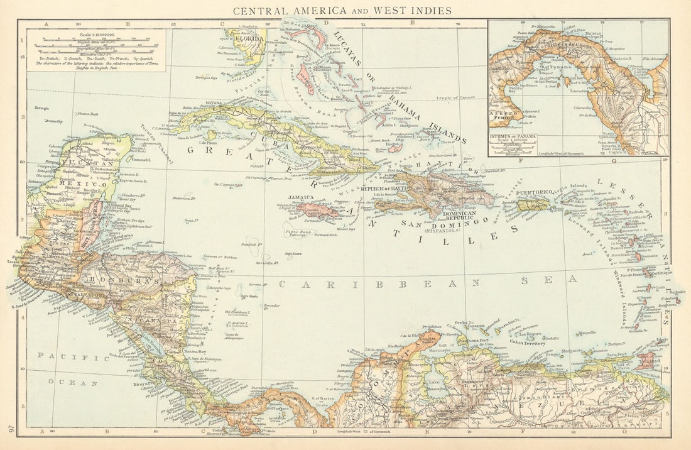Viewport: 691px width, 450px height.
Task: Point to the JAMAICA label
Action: click(x=300, y=197)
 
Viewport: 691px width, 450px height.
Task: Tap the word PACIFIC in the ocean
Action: click(x=65, y=357)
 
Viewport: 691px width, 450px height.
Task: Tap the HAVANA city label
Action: click(x=215, y=103)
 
